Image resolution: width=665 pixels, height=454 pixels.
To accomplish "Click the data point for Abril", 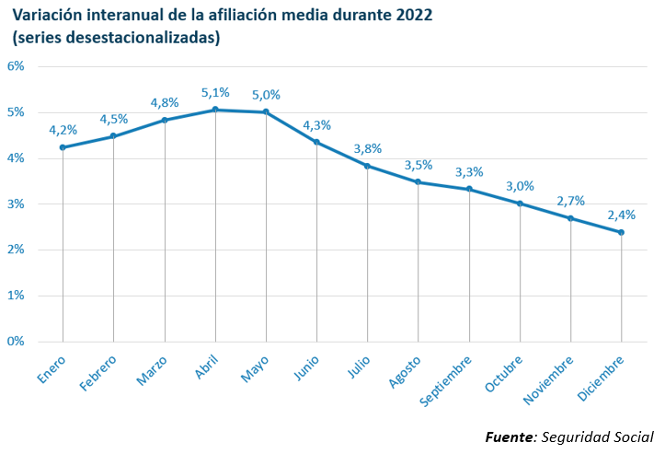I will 215,110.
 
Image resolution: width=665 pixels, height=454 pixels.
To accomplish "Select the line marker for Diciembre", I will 622,232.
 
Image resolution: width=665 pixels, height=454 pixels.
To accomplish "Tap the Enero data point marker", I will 63,147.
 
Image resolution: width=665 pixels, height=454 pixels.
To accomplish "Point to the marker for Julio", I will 368,166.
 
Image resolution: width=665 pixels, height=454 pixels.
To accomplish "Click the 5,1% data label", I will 215,92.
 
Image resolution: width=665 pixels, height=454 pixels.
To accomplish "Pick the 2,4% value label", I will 622,215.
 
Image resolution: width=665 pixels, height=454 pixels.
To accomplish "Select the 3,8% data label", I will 368,148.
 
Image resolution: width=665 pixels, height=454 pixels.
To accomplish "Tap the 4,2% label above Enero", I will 63,130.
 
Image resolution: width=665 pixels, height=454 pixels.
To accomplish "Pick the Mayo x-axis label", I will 255,367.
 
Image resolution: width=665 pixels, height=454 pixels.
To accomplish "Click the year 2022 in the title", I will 411,16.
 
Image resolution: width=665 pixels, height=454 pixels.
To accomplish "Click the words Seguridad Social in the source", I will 598,436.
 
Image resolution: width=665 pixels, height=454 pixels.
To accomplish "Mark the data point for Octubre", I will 520,204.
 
